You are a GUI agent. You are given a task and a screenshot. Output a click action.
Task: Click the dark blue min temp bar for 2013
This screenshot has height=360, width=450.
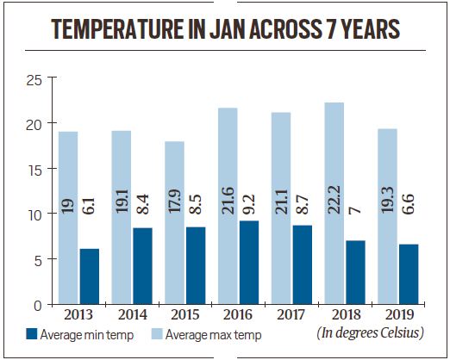90,276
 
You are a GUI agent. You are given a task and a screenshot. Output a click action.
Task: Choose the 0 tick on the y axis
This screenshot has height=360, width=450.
37,304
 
